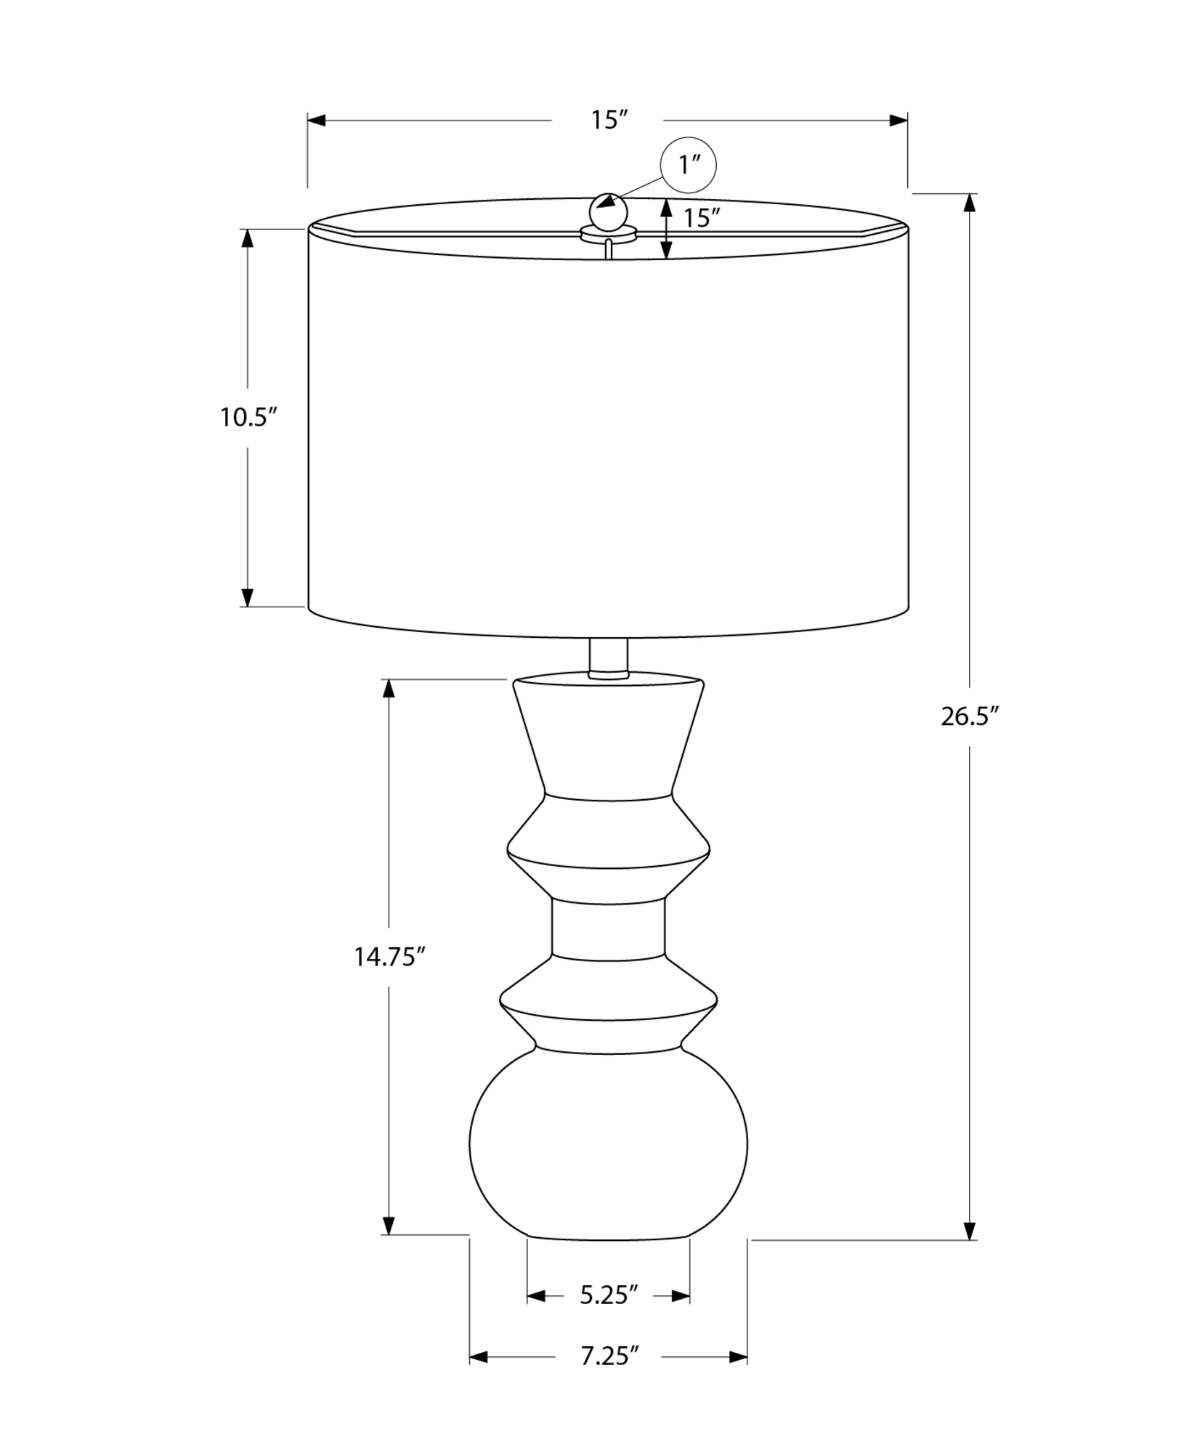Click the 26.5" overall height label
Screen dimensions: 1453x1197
point(970,717)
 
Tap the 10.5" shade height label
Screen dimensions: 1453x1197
point(249,417)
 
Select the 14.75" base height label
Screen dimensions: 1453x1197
point(389,957)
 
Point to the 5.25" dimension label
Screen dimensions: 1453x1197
point(609,1295)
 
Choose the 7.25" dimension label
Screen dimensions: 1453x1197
point(609,1356)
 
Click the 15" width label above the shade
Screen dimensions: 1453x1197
point(608,120)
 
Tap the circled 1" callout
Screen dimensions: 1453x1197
point(687,166)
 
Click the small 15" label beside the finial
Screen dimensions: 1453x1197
point(701,217)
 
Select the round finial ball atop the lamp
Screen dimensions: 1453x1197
point(608,212)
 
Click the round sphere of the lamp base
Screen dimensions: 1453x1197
point(608,1144)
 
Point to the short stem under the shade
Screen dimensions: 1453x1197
point(608,658)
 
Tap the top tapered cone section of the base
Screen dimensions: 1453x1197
point(608,737)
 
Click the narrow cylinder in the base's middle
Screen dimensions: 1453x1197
point(608,928)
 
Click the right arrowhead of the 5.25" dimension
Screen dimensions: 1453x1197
point(681,1295)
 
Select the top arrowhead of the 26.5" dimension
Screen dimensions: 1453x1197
point(969,203)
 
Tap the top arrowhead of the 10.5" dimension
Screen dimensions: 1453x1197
point(248,238)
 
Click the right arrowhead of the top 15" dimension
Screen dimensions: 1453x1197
point(898,120)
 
